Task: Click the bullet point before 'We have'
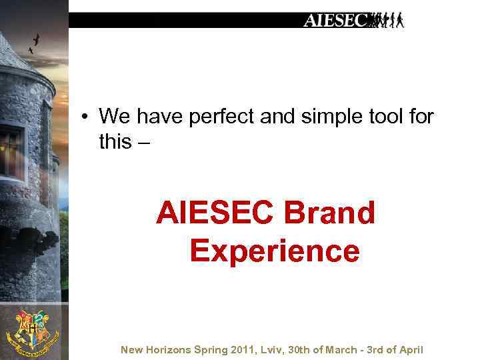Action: click(87, 118)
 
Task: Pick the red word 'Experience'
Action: click(274, 252)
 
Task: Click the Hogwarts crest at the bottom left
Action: click(31, 330)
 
